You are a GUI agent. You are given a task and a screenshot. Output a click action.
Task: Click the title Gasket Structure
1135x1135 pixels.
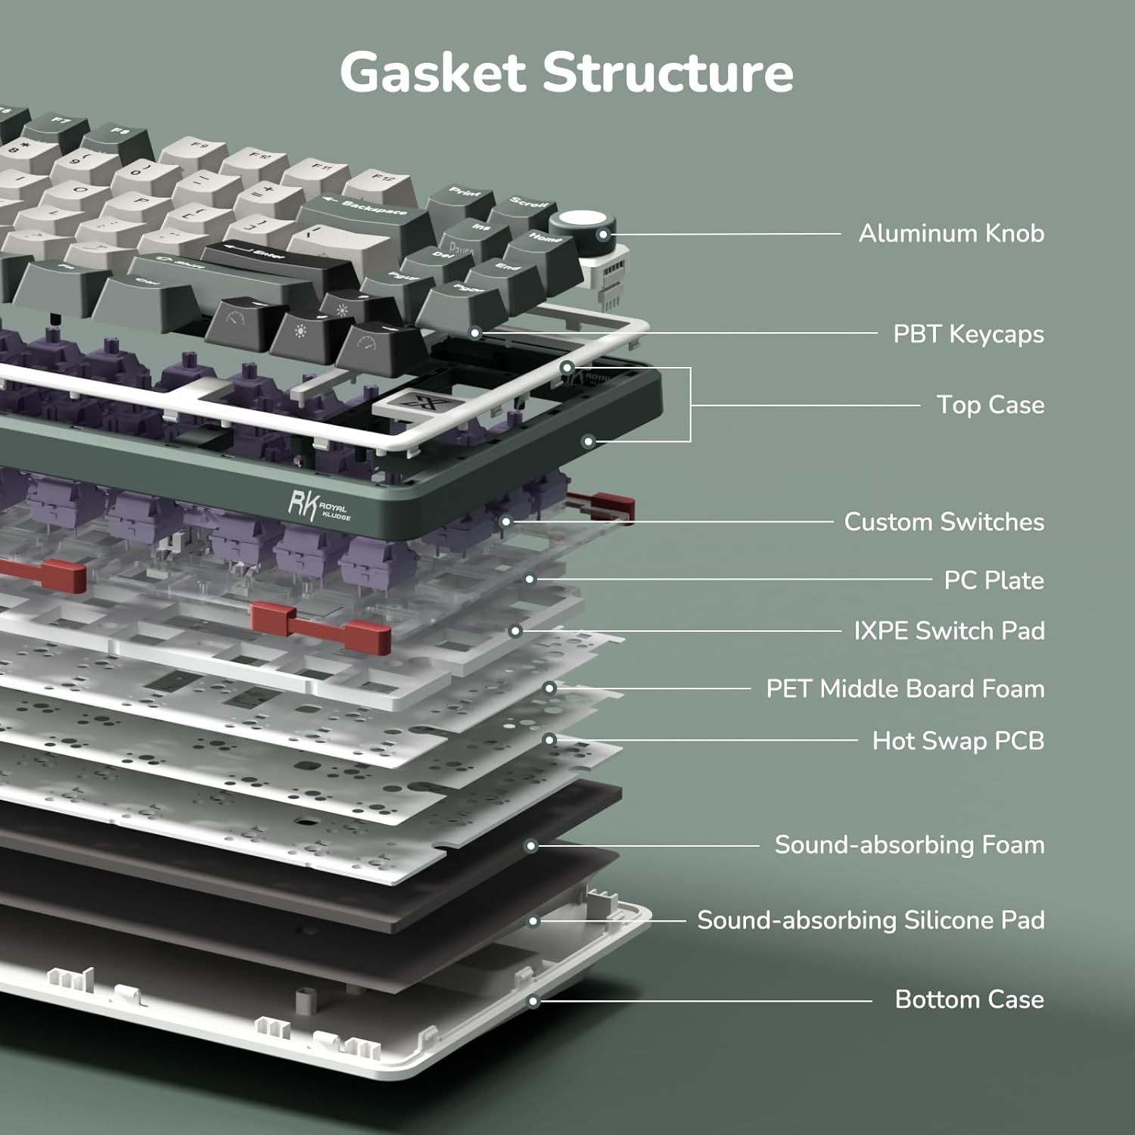(567, 73)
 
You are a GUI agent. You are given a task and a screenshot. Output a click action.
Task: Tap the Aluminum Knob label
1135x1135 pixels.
(951, 233)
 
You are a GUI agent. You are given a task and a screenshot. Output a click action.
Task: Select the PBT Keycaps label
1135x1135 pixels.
(968, 334)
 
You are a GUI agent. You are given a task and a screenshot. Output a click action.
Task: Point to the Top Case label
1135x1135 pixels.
(990, 405)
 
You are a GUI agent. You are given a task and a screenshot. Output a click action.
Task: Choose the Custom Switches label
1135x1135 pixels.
(944, 521)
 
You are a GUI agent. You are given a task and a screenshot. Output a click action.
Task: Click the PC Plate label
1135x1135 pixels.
(994, 580)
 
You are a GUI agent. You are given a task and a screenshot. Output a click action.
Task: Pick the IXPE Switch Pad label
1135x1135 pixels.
(949, 630)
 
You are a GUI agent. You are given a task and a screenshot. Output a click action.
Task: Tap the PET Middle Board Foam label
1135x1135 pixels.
(905, 689)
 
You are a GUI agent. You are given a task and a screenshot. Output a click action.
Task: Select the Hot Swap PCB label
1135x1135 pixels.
(958, 740)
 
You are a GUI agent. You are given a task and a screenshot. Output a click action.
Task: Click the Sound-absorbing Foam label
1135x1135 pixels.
(909, 844)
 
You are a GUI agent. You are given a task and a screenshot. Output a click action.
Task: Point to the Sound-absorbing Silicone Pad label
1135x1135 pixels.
(870, 920)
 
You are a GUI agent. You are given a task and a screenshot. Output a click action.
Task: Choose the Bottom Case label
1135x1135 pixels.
(969, 1000)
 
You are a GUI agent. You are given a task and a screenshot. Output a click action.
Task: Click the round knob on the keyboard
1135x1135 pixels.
(582, 225)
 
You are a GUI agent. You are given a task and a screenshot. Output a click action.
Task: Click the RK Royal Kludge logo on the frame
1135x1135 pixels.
(319, 505)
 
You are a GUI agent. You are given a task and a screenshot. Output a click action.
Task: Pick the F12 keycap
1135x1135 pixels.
(384, 182)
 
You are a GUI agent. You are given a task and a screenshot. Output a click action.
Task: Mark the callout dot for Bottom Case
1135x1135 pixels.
(533, 1001)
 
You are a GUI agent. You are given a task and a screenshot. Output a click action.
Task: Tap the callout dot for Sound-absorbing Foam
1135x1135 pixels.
(531, 845)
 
